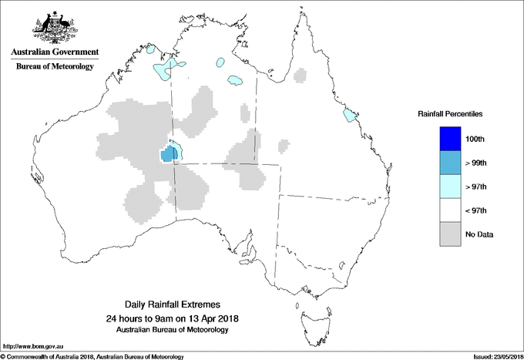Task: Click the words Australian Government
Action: [54, 52]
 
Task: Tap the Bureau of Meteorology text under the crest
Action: [54, 66]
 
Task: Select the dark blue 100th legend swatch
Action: [449, 139]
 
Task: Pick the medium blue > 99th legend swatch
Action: [449, 163]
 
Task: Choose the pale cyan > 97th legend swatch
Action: [449, 187]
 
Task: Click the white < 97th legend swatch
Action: [449, 210]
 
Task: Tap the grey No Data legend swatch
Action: [449, 234]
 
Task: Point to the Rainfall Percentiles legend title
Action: [450, 114]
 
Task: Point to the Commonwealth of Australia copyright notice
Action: [92, 356]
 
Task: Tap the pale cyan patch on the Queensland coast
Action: [351, 116]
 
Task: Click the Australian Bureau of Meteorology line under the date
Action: [176, 330]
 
